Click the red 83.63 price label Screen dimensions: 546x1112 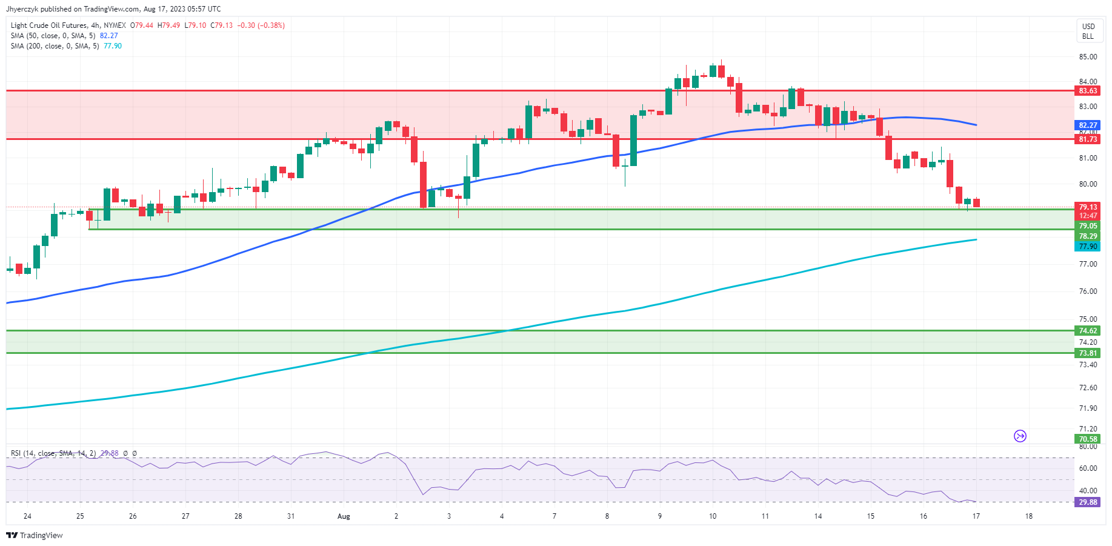tap(1088, 91)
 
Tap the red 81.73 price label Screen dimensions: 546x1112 tap(1088, 139)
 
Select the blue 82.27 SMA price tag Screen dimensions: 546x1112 tap(1088, 125)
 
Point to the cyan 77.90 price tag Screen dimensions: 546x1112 tap(1088, 247)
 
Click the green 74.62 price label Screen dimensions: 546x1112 tap(1088, 331)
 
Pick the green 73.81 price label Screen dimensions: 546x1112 tap(1088, 353)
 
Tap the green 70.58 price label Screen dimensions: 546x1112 tap(1088, 439)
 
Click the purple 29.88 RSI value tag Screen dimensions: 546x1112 tap(1088, 502)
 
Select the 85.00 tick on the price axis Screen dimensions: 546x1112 tap(1088, 57)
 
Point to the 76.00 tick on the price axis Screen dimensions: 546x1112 tap(1088, 291)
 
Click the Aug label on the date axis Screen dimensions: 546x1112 tap(344, 516)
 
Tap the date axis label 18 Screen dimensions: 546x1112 tap(1028, 516)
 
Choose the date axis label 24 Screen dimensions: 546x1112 tap(27, 516)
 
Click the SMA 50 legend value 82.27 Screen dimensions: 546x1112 tap(109, 36)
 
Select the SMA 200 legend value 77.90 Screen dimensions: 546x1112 tap(113, 46)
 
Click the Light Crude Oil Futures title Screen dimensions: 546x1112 tap(49, 25)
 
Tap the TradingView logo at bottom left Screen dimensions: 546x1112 tap(35, 536)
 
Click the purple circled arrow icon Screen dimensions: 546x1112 tap(1020, 436)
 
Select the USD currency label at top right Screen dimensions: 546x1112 tap(1088, 26)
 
